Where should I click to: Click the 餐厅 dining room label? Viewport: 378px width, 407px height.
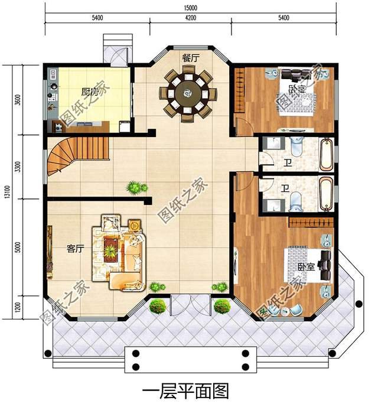pyautogui.click(x=191, y=58)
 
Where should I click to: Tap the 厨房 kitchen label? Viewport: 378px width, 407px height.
pyautogui.click(x=90, y=92)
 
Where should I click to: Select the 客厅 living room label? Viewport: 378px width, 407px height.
pyautogui.click(x=75, y=249)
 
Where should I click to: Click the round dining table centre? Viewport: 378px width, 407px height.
pyautogui.click(x=188, y=93)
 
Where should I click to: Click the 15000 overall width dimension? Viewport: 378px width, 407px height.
pyautogui.click(x=191, y=8)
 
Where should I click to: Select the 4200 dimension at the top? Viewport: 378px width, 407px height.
pyautogui.click(x=191, y=18)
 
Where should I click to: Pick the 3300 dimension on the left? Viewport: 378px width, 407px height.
pyautogui.click(x=17, y=167)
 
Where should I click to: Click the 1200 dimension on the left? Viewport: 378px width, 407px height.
pyautogui.click(x=17, y=307)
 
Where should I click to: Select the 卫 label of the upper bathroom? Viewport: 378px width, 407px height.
pyautogui.click(x=288, y=163)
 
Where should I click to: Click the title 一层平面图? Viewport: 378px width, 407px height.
pyautogui.click(x=185, y=392)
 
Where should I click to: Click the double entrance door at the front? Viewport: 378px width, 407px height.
pyautogui.click(x=190, y=305)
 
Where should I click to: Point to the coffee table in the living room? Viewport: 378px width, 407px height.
pyautogui.click(x=111, y=249)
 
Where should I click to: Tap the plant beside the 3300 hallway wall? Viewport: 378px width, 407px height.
pyautogui.click(x=136, y=187)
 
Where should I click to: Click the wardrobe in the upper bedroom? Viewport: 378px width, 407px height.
pyautogui.click(x=240, y=90)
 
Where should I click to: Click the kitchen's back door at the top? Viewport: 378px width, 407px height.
pyautogui.click(x=119, y=56)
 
